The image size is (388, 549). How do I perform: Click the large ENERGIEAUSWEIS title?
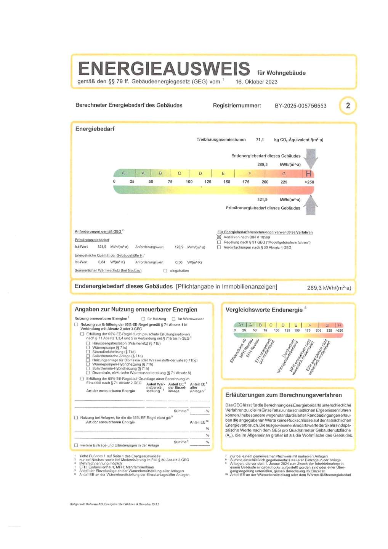tap(164, 69)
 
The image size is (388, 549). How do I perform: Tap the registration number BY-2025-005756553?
tap(300, 106)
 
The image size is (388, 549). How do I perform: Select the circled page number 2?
tap(348, 106)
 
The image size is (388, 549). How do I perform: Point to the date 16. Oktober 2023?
tap(257, 82)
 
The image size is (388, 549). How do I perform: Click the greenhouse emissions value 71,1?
tap(260, 140)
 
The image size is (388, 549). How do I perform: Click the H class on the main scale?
tap(308, 173)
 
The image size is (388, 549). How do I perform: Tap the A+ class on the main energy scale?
tap(125, 173)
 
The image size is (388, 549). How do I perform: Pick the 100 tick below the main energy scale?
tap(189, 182)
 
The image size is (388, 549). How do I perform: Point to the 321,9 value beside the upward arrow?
tap(262, 199)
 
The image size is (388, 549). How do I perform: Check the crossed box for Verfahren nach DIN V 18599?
tap(219, 237)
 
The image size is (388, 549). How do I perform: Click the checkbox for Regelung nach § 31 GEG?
tap(219, 242)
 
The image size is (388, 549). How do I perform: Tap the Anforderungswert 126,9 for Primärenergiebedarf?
tap(179, 247)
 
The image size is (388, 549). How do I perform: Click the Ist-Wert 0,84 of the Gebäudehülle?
tap(102, 262)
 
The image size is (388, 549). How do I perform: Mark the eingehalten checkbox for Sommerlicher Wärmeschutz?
tap(165, 271)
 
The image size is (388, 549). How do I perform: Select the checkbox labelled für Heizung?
tap(143, 319)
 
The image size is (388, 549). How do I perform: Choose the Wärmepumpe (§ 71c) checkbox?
tap(88, 348)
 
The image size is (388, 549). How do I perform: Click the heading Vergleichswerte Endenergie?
tap(264, 310)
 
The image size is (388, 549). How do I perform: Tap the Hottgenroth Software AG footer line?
tap(114, 504)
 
